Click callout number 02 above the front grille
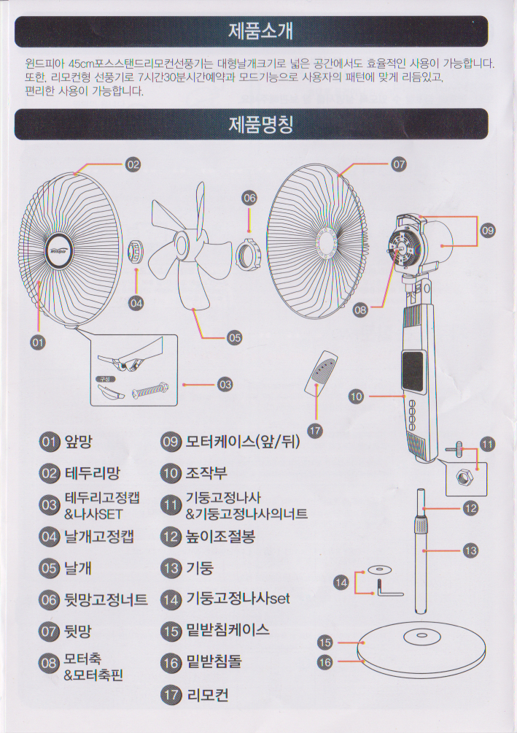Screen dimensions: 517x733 coord(133,164)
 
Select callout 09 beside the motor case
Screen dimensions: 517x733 coord(488,231)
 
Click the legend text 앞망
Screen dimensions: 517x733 coord(79,442)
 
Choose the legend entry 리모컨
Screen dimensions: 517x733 coord(207,695)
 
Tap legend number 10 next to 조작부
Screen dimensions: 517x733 coord(171,473)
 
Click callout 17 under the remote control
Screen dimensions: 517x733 coord(315,431)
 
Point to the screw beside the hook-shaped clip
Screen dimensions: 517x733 coord(151,391)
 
